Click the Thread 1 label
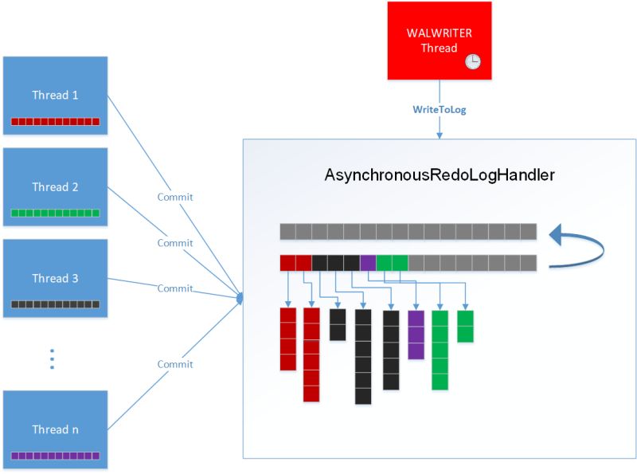pyautogui.click(x=55, y=95)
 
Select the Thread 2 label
pyautogui.click(x=55, y=187)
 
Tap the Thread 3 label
pyautogui.click(x=55, y=278)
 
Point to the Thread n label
pyautogui.click(x=55, y=429)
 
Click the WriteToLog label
pyautogui.click(x=439, y=109)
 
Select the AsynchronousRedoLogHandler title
pyautogui.click(x=439, y=174)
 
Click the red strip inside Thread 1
pyautogui.click(x=55, y=122)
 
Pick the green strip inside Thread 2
pyautogui.click(x=55, y=213)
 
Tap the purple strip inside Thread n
pyautogui.click(x=55, y=456)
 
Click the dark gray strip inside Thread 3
pyautogui.click(x=55, y=304)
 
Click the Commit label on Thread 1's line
pyautogui.click(x=175, y=197)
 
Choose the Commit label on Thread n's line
pyautogui.click(x=175, y=364)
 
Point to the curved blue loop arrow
pyautogui.click(x=581, y=246)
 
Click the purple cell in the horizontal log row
pyautogui.click(x=368, y=263)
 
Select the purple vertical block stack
pyautogui.click(x=416, y=335)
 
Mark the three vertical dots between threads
pyautogui.click(x=52, y=358)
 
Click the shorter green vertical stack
pyautogui.click(x=465, y=326)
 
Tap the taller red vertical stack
pyautogui.click(x=311, y=355)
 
